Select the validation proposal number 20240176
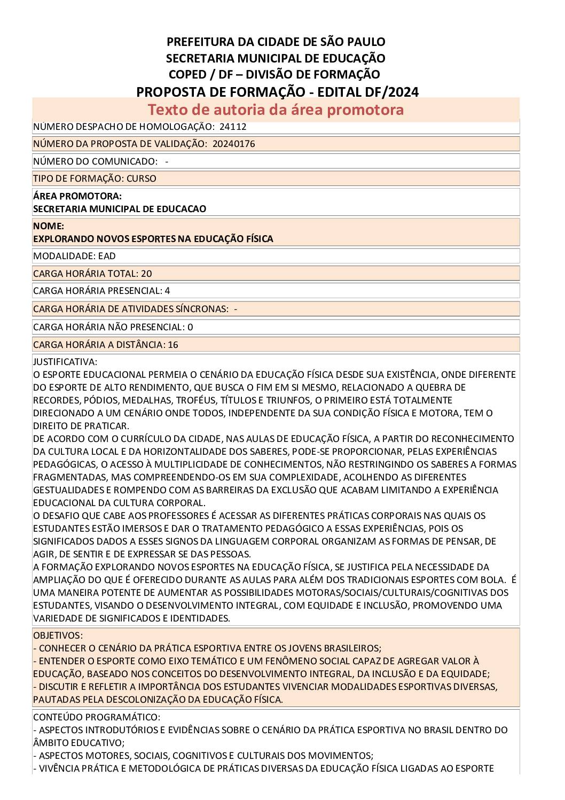coord(233,144)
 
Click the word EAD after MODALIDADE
coord(107,256)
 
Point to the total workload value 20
coord(146,274)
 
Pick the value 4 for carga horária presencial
coord(168,291)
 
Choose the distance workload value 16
coord(173,345)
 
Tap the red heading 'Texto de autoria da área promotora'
coord(276,110)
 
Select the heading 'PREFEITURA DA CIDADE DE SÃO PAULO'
coord(276,42)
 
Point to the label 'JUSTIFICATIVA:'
coord(65,362)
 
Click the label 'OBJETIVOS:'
coord(58,635)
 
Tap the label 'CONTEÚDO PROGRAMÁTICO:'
coord(96,717)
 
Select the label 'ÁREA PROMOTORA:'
coord(77,196)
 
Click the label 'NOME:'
coord(49,226)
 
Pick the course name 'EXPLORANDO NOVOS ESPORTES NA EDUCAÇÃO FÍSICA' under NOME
coord(153,239)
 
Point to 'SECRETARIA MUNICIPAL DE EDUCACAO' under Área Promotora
coord(120,209)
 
